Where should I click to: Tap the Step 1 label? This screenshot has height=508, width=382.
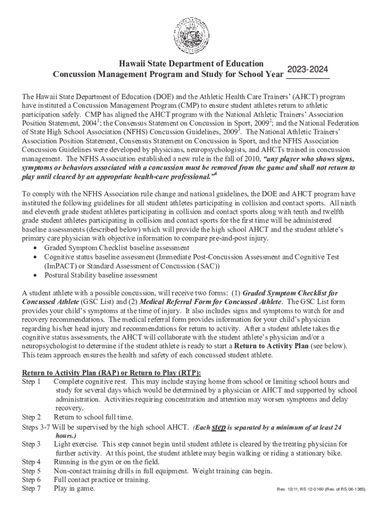(31, 382)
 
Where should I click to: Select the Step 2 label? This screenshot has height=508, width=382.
(31, 417)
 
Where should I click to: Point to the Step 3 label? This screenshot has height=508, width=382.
(31, 444)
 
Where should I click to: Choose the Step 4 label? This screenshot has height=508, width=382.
(31, 462)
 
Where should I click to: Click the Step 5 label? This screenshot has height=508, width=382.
(31, 471)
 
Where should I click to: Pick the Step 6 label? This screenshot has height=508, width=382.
(31, 480)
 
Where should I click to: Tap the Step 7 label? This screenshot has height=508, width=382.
(31, 489)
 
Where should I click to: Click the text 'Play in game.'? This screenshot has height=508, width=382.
(74, 489)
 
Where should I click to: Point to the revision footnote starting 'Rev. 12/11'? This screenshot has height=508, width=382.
(320, 490)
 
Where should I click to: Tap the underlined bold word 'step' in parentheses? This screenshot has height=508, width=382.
(219, 427)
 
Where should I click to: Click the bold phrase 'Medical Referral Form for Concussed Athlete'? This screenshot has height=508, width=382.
(211, 302)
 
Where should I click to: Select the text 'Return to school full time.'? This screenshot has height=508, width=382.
(93, 417)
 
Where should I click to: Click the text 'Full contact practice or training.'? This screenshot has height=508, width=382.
(102, 480)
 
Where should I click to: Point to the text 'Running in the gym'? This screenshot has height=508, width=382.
(84, 462)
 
